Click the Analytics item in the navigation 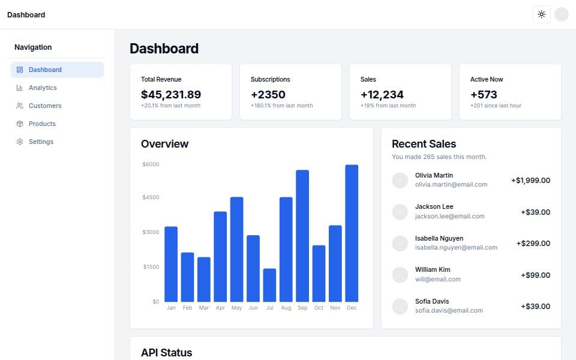[43, 88]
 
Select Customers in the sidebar [45, 106]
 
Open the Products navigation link [42, 124]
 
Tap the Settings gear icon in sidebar [20, 142]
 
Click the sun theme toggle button [541, 14]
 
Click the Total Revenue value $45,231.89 [171, 94]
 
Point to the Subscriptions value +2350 [268, 94]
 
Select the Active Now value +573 [484, 94]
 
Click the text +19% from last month [388, 106]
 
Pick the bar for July [269, 285]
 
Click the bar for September [302, 236]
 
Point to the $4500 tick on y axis [151, 197]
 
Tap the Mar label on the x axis [204, 308]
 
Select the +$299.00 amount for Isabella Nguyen [533, 244]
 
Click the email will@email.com [438, 279]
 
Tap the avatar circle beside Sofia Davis [400, 306]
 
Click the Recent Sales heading [424, 144]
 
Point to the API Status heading [166, 353]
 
